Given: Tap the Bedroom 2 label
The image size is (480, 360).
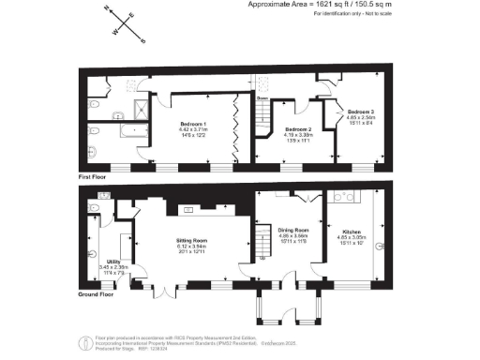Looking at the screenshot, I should point(298,128).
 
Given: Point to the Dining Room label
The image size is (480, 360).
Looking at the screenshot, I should point(294,230).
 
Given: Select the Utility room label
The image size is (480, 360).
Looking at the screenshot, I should point(113,262).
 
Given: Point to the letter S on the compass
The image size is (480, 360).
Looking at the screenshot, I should point(142,41).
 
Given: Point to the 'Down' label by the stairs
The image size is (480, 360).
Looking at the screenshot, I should point(263,97).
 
